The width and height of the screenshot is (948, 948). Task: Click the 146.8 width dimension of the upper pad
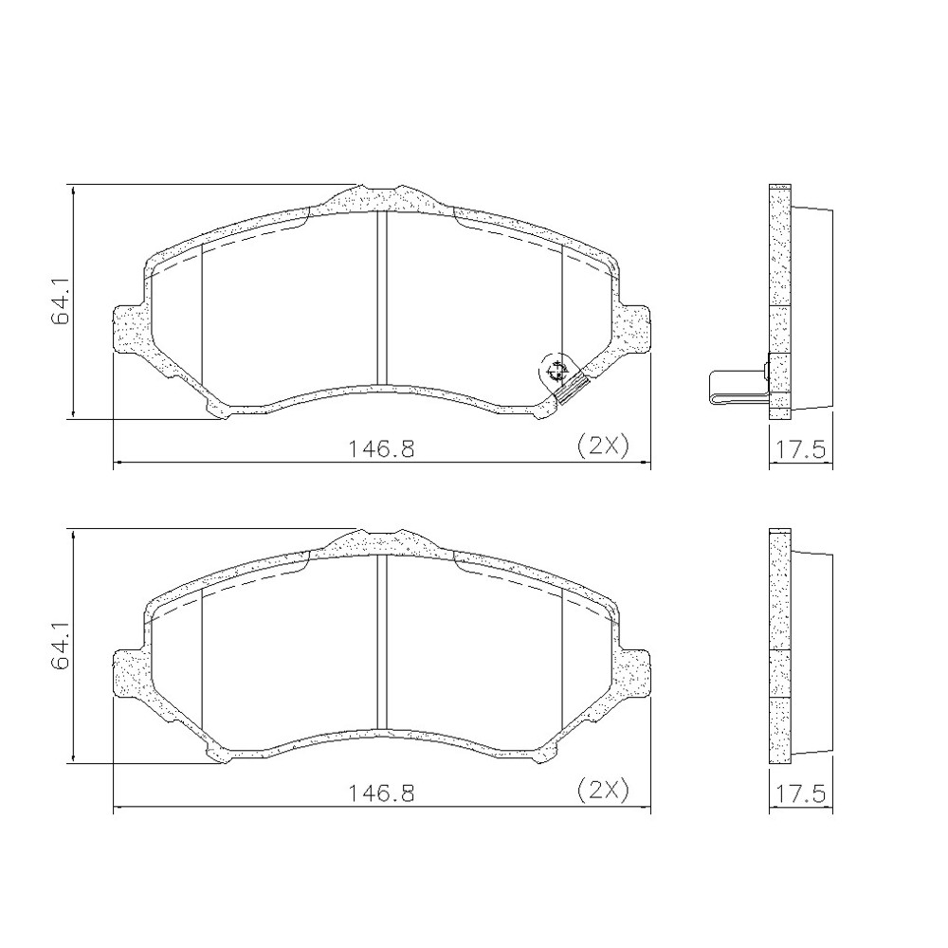pos(381,448)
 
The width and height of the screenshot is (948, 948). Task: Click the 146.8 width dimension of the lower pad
pos(381,792)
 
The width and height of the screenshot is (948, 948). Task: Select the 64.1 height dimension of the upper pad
pos(61,301)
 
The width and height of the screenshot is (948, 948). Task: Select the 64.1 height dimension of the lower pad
pos(61,647)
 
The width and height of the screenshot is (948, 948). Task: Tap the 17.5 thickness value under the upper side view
pos(800,449)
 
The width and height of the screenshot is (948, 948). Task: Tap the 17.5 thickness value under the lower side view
pos(800,793)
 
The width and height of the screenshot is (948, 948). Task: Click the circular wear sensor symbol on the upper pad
pos(555,372)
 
